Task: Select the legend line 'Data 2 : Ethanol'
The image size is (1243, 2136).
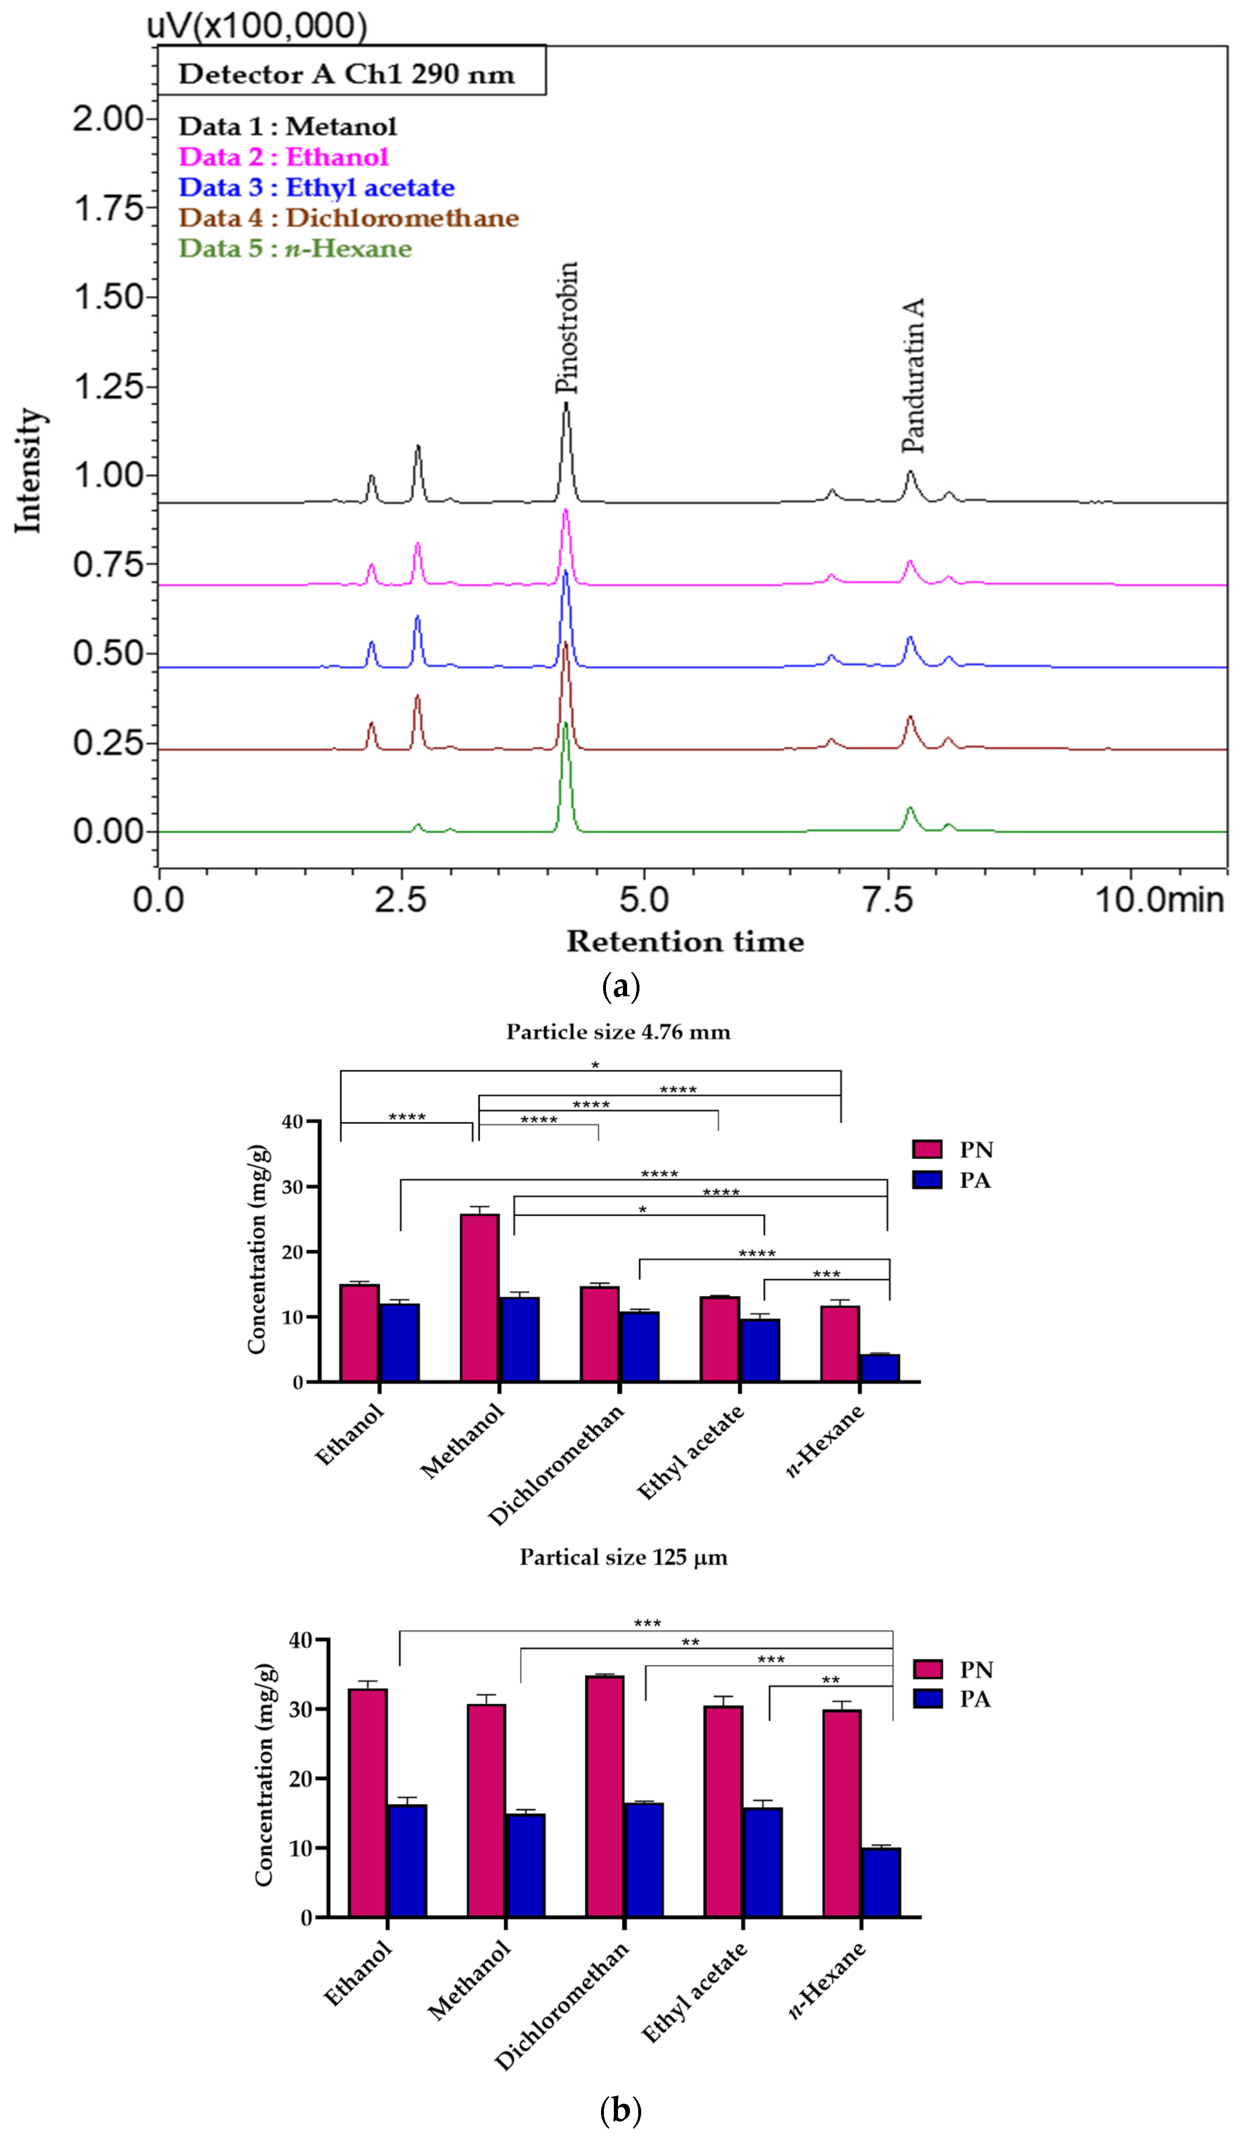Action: click(x=283, y=157)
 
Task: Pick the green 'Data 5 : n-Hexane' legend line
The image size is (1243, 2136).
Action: click(x=295, y=249)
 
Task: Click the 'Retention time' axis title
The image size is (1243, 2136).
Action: click(x=685, y=942)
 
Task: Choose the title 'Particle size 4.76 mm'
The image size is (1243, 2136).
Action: click(x=618, y=1031)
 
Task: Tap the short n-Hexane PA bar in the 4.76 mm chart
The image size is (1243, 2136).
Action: click(x=880, y=1368)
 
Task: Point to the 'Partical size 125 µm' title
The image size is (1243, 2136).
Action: click(x=623, y=1557)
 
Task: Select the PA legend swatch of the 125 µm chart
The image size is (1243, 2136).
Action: click(x=927, y=1698)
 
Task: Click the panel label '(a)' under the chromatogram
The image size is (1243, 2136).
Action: click(x=620, y=987)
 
